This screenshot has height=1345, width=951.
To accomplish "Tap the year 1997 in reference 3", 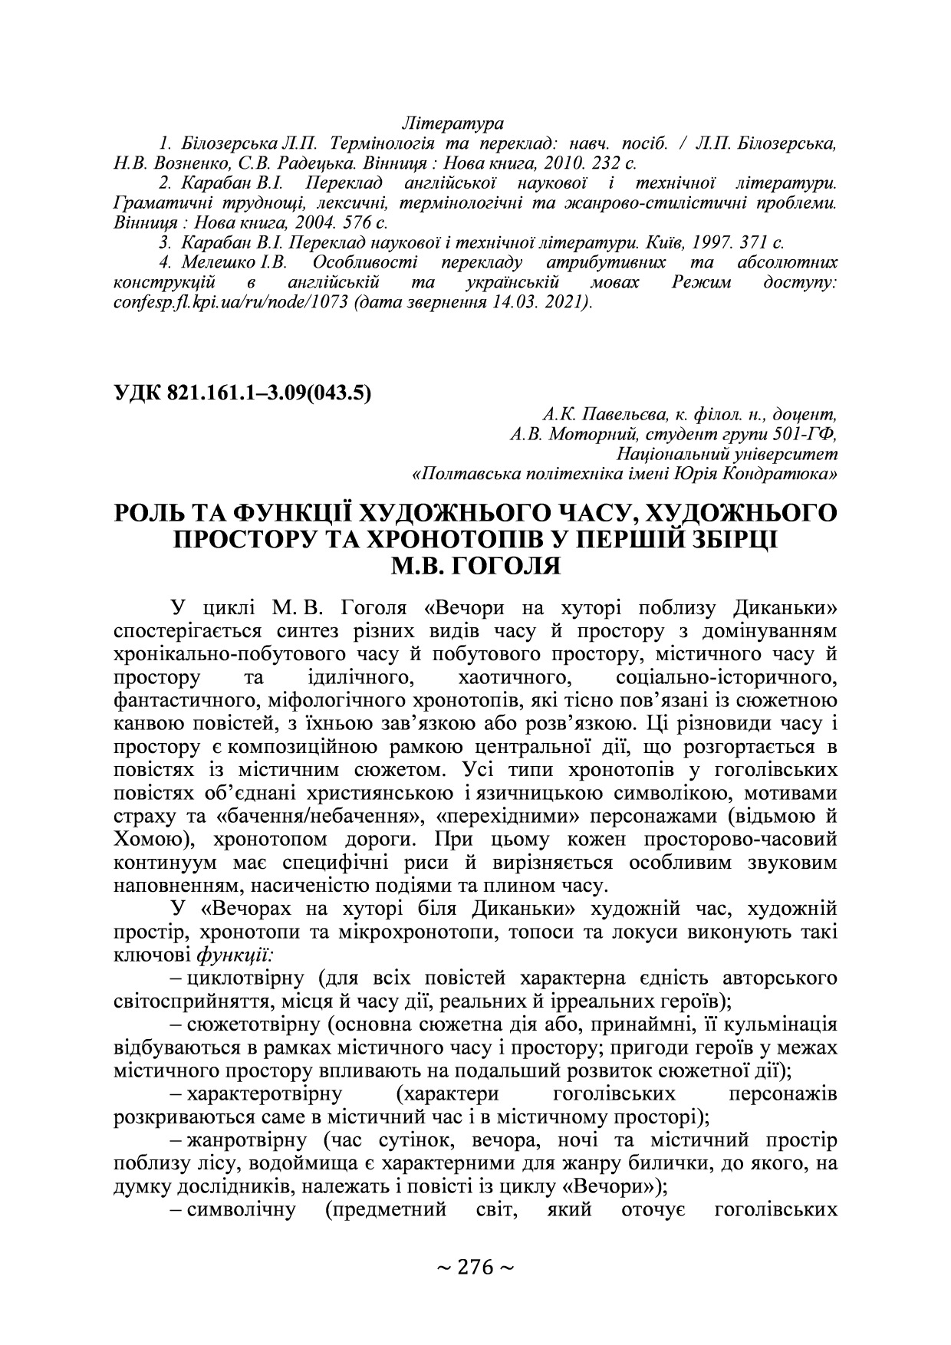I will [x=712, y=243].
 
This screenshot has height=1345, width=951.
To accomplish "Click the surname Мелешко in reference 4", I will [x=218, y=263].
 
